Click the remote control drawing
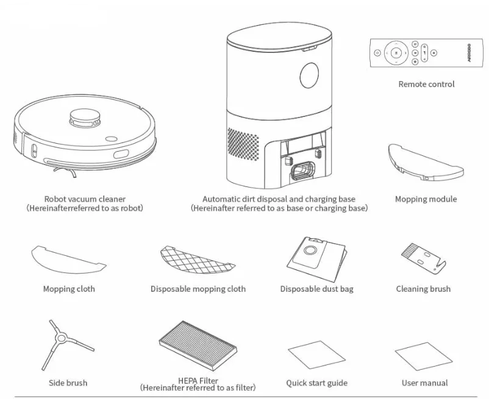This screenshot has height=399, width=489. [426, 54]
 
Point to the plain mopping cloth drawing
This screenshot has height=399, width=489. [68, 259]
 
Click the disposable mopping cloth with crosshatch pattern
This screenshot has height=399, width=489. [197, 259]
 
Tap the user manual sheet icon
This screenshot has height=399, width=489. [424, 354]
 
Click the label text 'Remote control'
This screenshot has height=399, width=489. [426, 85]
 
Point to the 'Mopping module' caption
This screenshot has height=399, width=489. [425, 199]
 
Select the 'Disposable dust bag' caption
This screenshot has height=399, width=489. [316, 289]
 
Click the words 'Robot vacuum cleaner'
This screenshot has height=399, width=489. [84, 199]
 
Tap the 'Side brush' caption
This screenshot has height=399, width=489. [68, 383]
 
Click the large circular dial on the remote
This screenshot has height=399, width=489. [396, 54]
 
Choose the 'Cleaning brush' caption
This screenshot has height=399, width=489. [423, 289]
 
